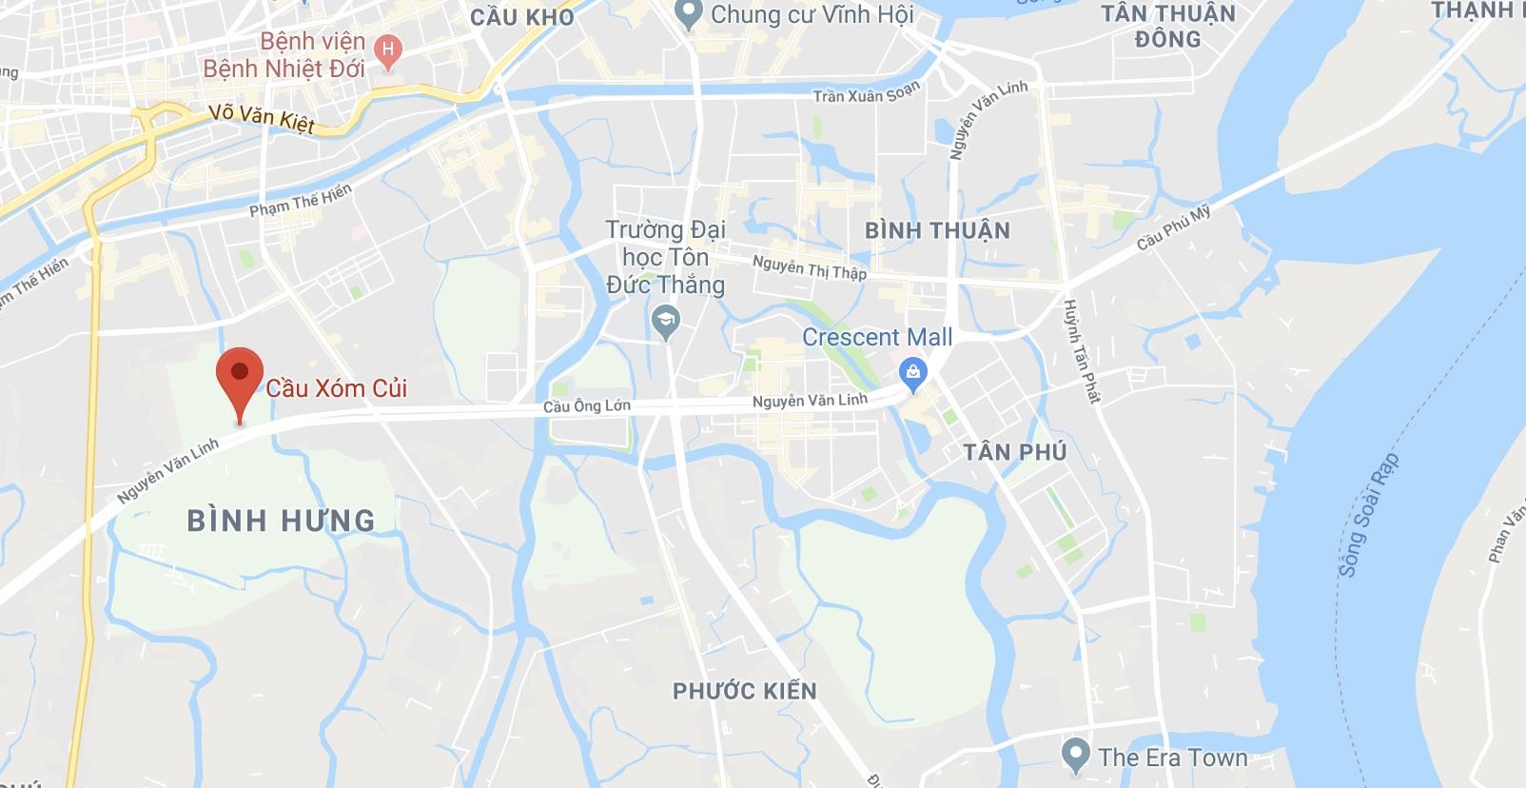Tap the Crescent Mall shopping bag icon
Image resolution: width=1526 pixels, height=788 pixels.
[x=913, y=373]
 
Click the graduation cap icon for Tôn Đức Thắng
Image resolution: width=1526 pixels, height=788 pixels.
[x=667, y=323]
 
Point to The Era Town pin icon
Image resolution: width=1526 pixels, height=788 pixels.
[x=1076, y=756]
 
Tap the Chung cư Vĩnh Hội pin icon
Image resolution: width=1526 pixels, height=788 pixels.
[x=688, y=13]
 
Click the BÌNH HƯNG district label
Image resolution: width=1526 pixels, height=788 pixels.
[x=282, y=521]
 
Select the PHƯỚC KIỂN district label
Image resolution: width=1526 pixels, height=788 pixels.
[x=745, y=691]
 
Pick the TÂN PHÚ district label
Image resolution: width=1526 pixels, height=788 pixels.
[x=1015, y=452]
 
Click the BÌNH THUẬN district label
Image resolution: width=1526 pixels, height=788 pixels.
[x=937, y=230]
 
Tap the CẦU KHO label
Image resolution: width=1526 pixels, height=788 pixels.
[x=522, y=17]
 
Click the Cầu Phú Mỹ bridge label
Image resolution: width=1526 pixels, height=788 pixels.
[x=1174, y=228]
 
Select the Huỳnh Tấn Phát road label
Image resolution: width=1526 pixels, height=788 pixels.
[x=1082, y=350]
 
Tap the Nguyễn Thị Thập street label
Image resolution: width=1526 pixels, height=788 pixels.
[x=809, y=267]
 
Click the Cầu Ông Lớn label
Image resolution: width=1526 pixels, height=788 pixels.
[x=586, y=406]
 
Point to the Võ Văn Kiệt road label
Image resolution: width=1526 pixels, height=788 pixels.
[x=262, y=120]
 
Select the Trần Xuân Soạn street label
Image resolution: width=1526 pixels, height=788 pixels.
[x=867, y=93]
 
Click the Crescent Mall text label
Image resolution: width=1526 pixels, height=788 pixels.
[x=877, y=337]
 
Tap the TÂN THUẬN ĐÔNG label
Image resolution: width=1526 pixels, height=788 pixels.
[x=1167, y=27]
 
